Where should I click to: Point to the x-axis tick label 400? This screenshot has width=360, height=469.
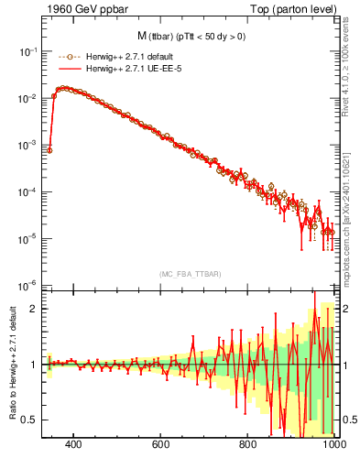[x=74, y=445]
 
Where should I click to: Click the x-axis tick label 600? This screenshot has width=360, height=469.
[x=161, y=445]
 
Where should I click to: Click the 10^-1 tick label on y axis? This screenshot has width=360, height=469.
[x=27, y=51]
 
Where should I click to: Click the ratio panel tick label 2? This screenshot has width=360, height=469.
[x=34, y=309]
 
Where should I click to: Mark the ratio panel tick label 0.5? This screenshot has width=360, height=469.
[x=30, y=420]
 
